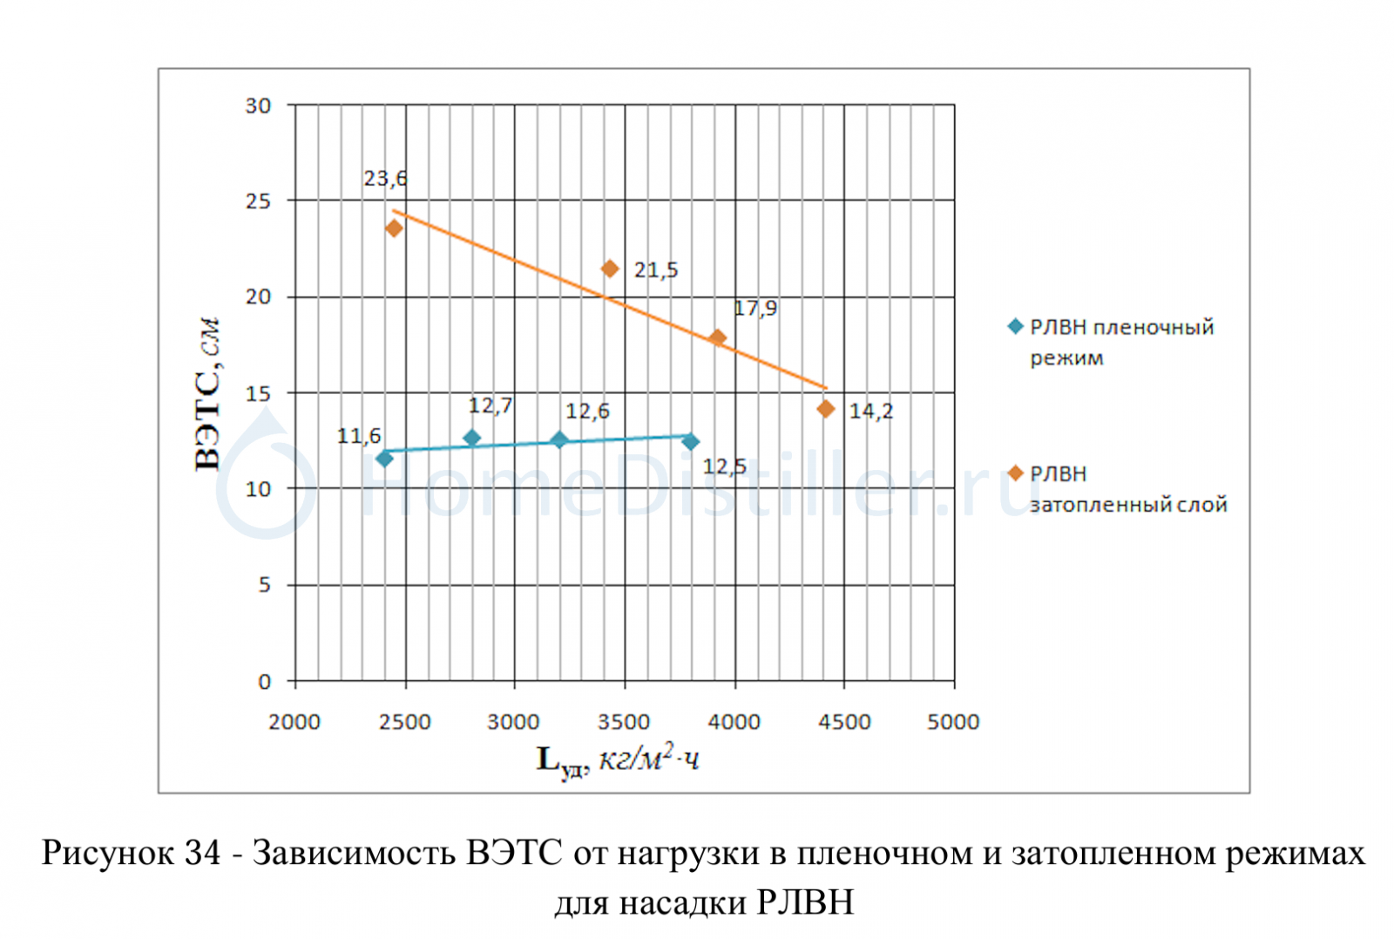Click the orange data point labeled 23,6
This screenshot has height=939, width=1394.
(x=394, y=228)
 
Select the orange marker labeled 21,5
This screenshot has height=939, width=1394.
(x=610, y=269)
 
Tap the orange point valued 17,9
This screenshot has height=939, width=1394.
(x=717, y=337)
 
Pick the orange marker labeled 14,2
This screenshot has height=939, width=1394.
(x=826, y=409)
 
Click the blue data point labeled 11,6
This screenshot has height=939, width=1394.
(x=384, y=459)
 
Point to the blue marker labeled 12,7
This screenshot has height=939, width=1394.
(x=472, y=438)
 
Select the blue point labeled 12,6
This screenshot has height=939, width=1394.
(x=559, y=440)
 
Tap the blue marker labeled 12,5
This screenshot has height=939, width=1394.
(x=691, y=442)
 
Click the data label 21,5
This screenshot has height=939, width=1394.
(x=656, y=270)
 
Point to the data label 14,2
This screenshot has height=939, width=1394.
(x=871, y=411)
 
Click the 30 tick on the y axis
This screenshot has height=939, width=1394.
(x=258, y=105)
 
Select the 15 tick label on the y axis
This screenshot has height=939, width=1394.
(x=258, y=393)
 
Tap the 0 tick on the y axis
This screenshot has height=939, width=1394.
(x=265, y=682)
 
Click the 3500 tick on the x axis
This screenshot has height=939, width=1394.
(x=624, y=722)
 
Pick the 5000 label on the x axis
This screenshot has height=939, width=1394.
(x=953, y=722)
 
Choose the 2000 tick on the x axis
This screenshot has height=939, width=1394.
(x=294, y=722)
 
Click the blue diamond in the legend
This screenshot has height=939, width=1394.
(x=1015, y=327)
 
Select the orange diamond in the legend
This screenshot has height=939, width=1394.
(x=1015, y=473)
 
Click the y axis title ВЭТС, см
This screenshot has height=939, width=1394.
(x=207, y=394)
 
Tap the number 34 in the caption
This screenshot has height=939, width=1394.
(x=203, y=852)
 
